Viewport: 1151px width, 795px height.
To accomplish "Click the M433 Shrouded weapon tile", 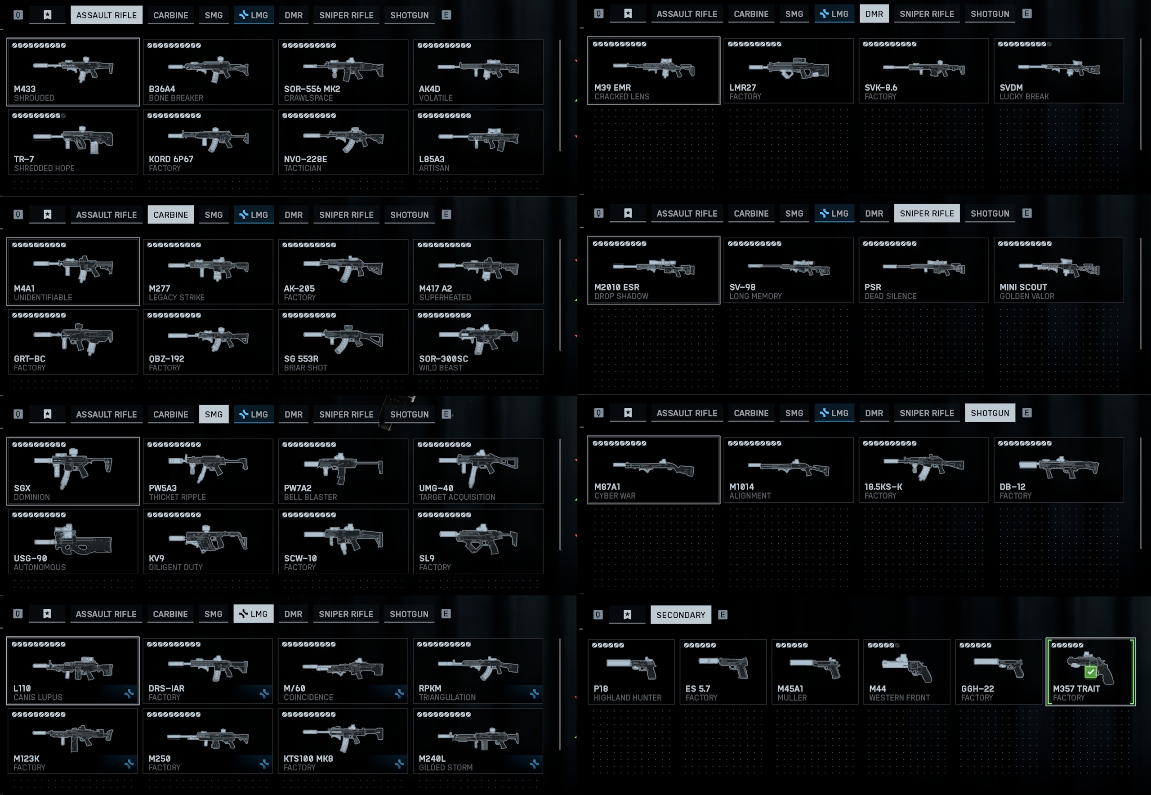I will click(x=73, y=72).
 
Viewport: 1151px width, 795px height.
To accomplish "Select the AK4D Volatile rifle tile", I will click(x=477, y=72).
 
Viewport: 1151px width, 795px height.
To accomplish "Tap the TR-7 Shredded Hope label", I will click(x=44, y=164).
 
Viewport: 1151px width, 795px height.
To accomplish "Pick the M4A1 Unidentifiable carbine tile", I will click(x=73, y=272).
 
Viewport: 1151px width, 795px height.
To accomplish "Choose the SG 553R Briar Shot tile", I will click(x=343, y=342).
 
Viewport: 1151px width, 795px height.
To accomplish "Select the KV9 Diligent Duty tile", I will click(x=208, y=541).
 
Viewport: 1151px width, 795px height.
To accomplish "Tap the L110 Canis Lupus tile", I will click(x=73, y=670).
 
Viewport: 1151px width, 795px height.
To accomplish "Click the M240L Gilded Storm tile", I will click(x=477, y=741).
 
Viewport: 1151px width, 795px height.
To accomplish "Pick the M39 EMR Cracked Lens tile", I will click(x=653, y=70).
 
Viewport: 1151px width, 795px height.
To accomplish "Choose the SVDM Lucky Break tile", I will click(x=1058, y=70).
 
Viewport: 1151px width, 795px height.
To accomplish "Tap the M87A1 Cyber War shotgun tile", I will click(x=653, y=470).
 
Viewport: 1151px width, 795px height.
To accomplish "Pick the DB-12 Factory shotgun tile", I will click(x=1058, y=470).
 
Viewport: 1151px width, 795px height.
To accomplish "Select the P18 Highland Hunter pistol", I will click(x=631, y=671).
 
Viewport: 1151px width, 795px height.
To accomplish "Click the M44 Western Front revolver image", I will click(x=906, y=667).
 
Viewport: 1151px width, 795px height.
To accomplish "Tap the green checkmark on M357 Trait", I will click(x=1091, y=672).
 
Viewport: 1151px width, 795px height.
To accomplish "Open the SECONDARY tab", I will click(x=680, y=615).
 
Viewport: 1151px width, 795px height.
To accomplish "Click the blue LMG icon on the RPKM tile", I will click(x=535, y=693).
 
